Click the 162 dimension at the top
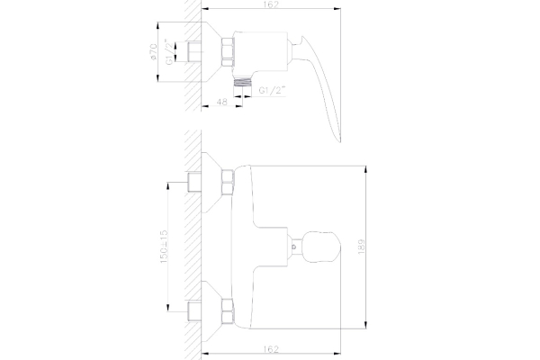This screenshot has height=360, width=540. pos(272,4)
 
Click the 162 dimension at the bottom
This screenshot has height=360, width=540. pos(272,349)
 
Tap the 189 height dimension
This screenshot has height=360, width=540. pos(361,247)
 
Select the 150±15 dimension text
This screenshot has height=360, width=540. pos(164,247)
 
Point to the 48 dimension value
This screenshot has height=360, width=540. pos(222,102)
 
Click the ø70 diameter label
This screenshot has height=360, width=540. pos(153,51)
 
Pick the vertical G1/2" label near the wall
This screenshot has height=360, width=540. pos(169,51)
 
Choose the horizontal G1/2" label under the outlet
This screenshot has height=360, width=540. pos(273,91)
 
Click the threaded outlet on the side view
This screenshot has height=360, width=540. pos(243,82)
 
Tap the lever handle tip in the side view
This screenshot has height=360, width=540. pos(340,139)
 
